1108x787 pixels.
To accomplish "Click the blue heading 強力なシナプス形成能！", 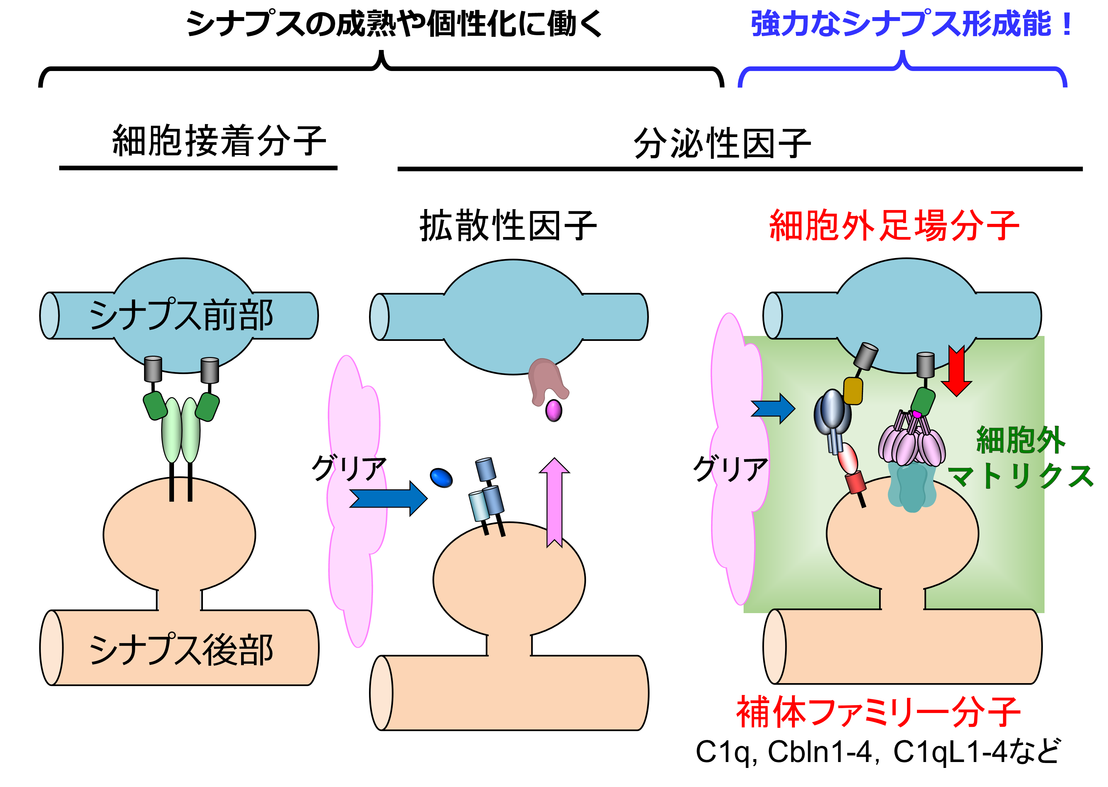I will point(911,24).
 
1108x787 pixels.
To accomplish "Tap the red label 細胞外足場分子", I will point(894,226).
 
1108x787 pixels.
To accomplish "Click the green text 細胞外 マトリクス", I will point(1020,458).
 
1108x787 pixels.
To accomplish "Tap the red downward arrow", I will point(956,371).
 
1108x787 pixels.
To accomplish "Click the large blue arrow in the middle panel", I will point(388,498).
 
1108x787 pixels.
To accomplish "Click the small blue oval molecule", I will point(441,478).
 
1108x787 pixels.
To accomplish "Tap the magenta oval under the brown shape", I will point(554,411).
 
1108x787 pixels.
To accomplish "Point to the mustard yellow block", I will point(853,391).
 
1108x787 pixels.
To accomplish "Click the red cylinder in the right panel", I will point(855,482).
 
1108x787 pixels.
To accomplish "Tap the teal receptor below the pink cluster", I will point(911,487).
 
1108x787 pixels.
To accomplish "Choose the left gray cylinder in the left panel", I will point(153,369).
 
